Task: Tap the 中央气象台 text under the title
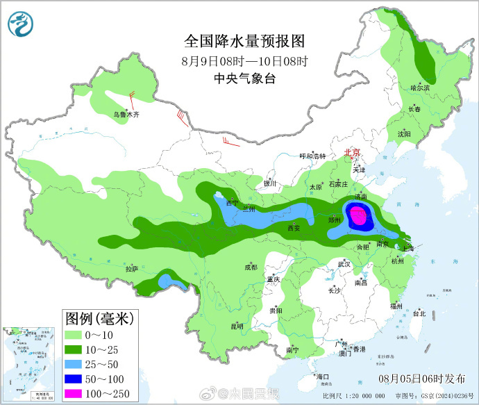click(x=244, y=78)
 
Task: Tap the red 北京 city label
click(x=353, y=153)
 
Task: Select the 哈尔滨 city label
click(x=420, y=88)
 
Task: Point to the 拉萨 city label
click(x=131, y=269)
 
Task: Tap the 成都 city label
click(x=250, y=267)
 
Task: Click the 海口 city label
click(x=322, y=376)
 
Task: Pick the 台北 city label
click(x=419, y=313)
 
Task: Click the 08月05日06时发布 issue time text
click(x=423, y=379)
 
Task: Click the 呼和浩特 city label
click(x=312, y=156)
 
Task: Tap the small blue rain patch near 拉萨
click(x=167, y=281)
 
